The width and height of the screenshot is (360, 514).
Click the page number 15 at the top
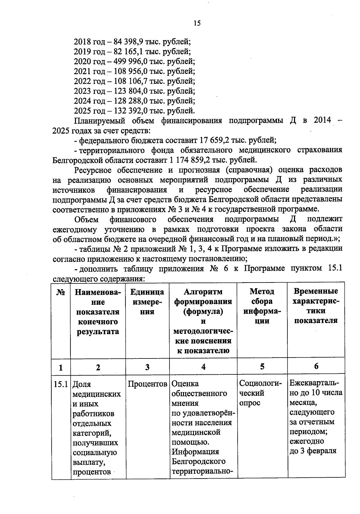tap(197, 23)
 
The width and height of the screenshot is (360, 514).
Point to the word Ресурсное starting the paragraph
tap(93, 170)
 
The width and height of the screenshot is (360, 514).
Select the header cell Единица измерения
tap(147, 301)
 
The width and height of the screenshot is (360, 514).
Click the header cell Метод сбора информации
tap(262, 306)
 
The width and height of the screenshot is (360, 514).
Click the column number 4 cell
tap(203, 367)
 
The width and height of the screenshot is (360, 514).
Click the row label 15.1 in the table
tap(61, 384)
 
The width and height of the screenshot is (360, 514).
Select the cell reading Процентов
tap(147, 384)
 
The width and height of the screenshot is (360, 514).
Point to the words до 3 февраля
tap(313, 451)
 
